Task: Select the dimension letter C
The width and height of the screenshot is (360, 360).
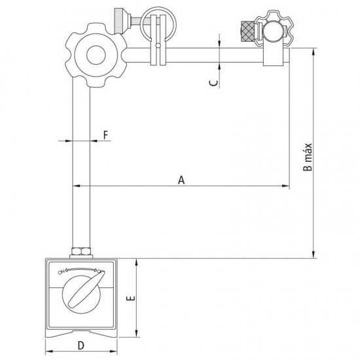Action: click(210, 83)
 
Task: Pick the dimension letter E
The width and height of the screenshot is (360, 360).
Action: click(131, 298)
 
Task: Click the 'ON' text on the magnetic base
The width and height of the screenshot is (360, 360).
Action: click(62, 271)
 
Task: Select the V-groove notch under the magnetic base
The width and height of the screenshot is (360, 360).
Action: click(81, 332)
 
